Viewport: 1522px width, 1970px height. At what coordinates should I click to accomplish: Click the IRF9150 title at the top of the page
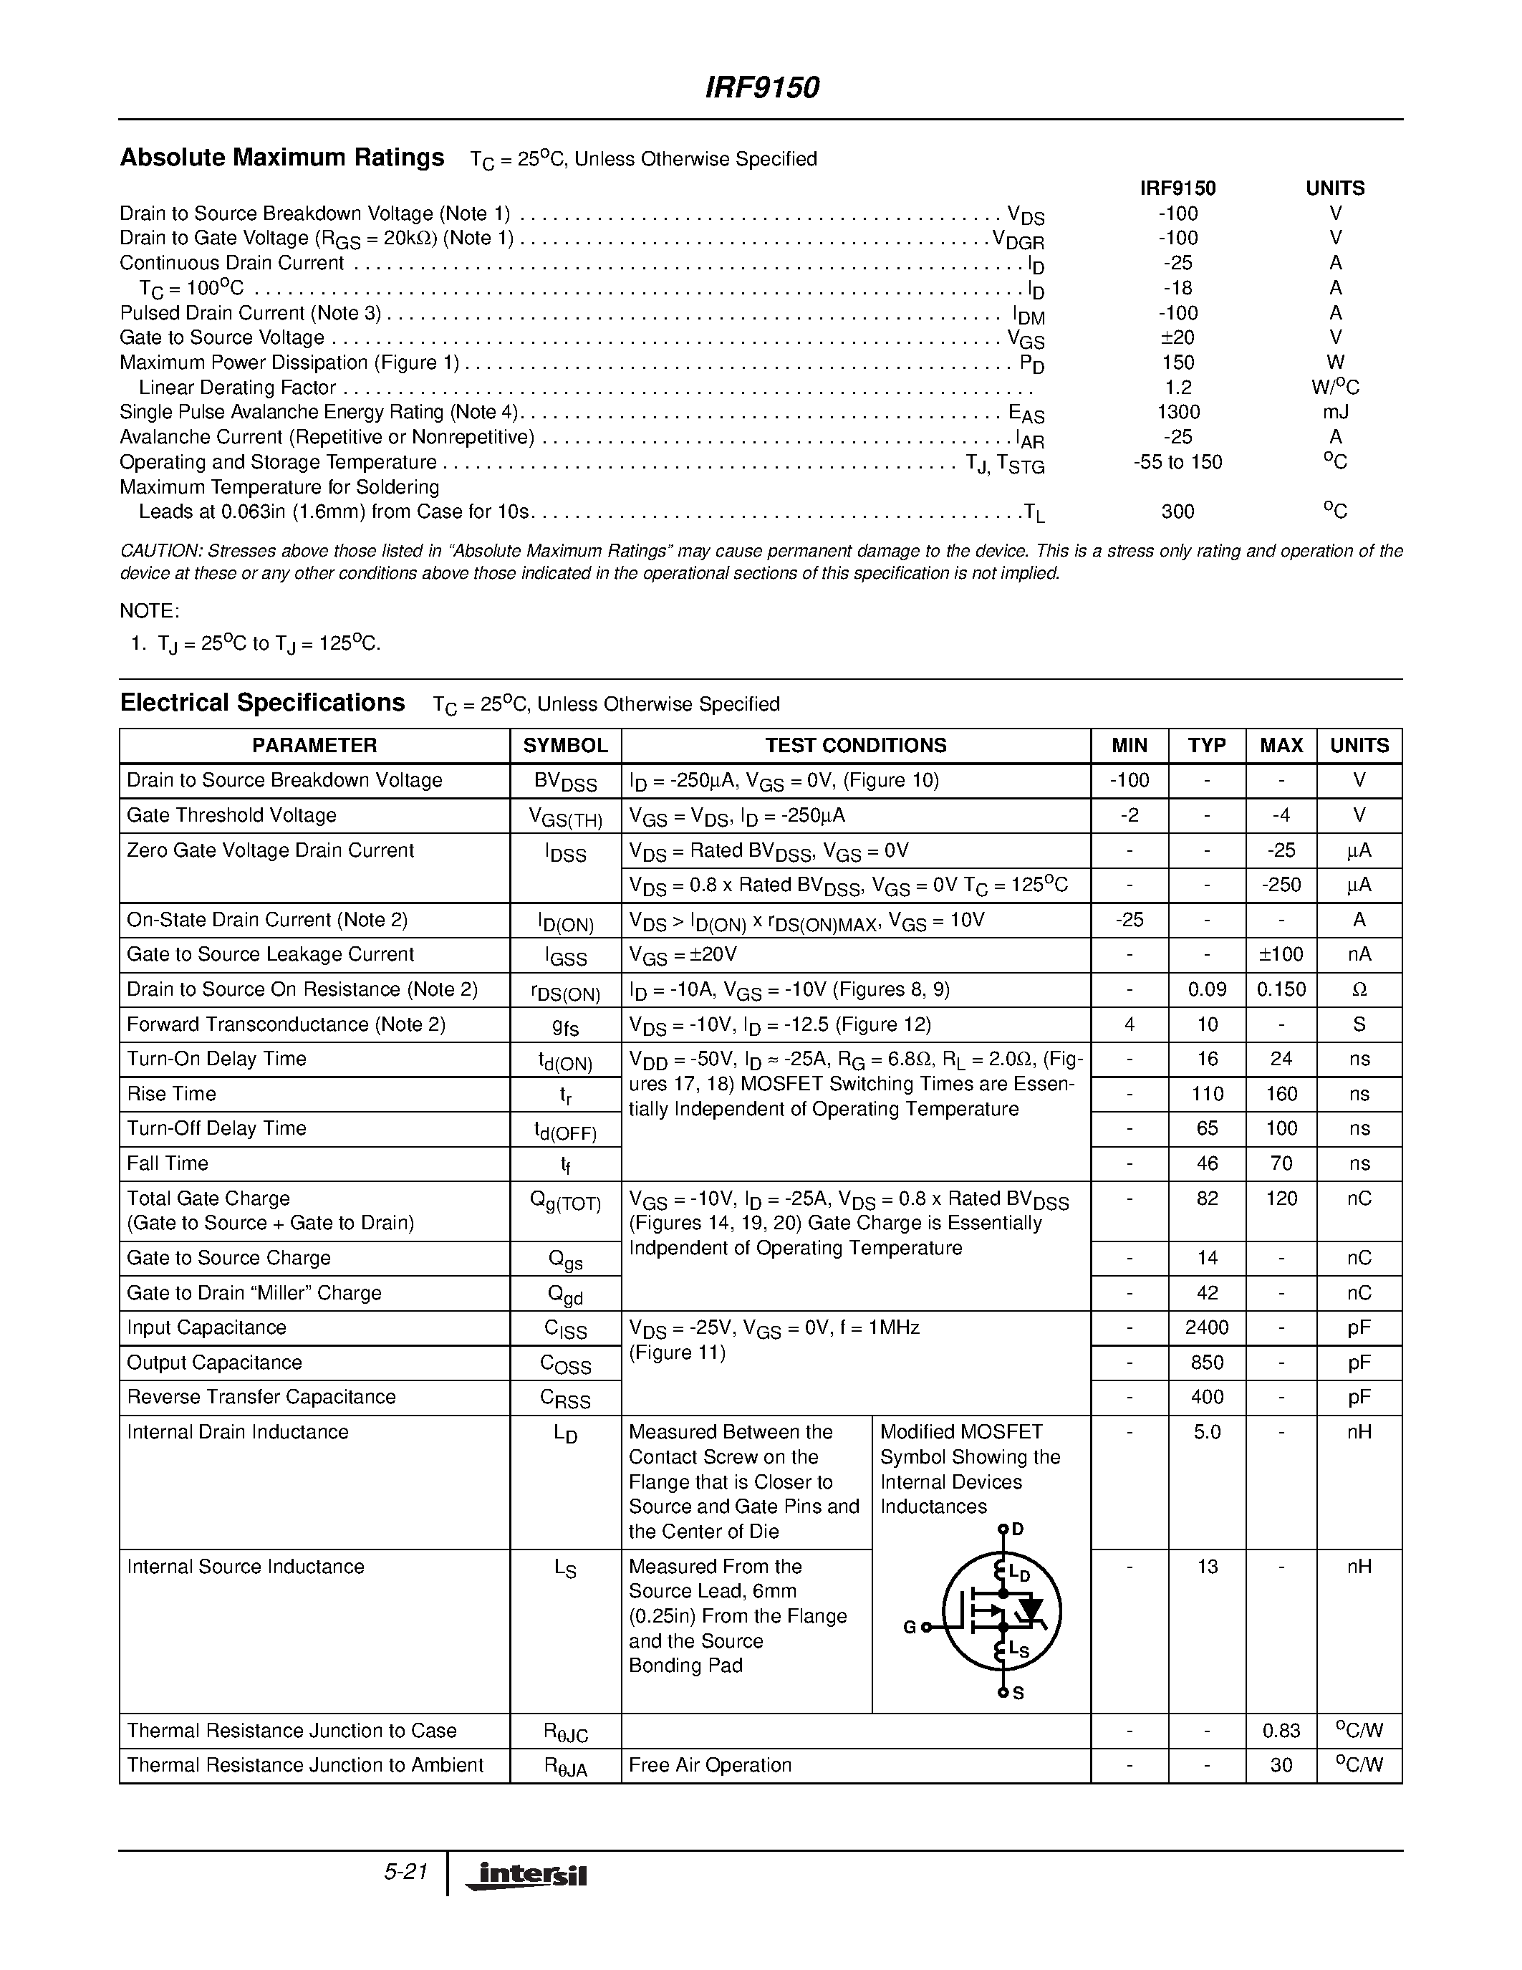[x=761, y=87]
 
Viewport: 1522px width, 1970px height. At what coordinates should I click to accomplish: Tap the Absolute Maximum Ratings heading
[x=282, y=158]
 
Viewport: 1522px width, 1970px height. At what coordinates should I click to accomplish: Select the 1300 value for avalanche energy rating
[x=1177, y=412]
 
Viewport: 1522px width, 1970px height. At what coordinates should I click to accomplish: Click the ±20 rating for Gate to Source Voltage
[x=1177, y=337]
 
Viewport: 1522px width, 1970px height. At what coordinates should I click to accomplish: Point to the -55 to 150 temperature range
[x=1177, y=463]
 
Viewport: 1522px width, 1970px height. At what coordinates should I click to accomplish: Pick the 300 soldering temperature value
[x=1177, y=512]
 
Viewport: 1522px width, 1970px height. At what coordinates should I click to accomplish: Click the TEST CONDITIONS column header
[x=856, y=745]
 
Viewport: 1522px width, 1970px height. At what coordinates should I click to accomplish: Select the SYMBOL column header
[x=565, y=745]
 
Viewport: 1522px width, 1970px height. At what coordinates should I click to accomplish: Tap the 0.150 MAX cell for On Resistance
[x=1281, y=989]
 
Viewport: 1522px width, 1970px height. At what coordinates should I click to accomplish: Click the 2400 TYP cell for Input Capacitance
[x=1206, y=1327]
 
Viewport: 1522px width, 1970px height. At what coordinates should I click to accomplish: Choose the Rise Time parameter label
[x=171, y=1094]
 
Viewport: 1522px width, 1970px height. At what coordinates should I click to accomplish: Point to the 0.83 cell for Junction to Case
[x=1281, y=1731]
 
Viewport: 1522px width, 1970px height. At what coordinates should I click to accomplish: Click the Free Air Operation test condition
[x=710, y=1765]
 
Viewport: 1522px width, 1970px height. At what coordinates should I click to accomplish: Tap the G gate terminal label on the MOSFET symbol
[x=909, y=1628]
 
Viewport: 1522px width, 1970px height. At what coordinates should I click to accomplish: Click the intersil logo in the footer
[x=526, y=1875]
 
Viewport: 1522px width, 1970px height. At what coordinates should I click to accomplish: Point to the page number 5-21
[x=405, y=1872]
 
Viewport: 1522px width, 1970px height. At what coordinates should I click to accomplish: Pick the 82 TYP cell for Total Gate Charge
[x=1206, y=1198]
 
